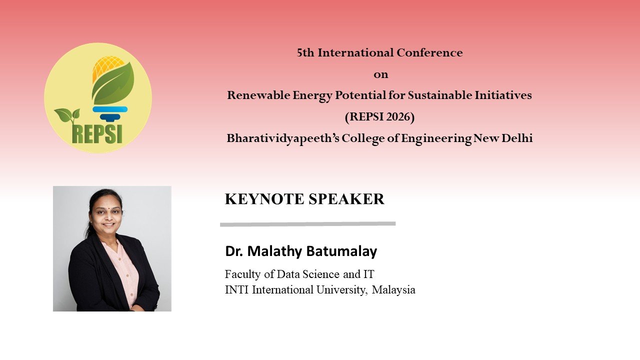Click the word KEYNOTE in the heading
(264, 199)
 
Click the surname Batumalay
(341, 251)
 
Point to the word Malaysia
(393, 289)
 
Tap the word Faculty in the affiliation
(243, 274)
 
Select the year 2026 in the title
(397, 116)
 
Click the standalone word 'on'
(381, 75)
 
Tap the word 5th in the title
(305, 52)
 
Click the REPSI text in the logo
(97, 133)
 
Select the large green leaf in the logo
(113, 83)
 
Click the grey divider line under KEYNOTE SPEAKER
(307, 224)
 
